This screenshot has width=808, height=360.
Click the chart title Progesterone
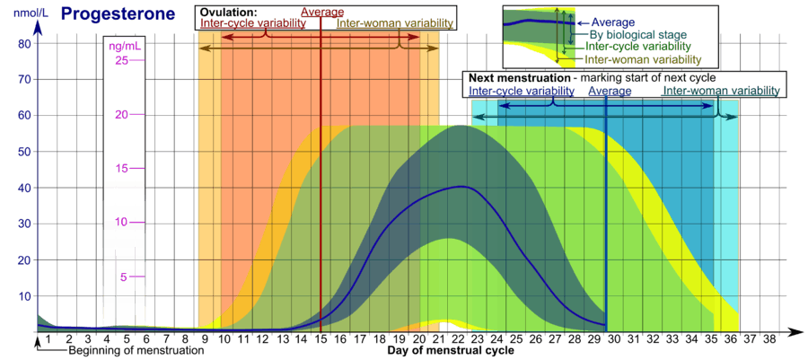tap(118, 14)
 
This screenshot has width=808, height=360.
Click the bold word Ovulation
tap(229, 13)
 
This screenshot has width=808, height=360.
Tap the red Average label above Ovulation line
tap(322, 12)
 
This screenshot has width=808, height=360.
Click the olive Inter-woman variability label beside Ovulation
tap(396, 24)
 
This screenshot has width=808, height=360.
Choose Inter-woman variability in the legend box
tap(642, 59)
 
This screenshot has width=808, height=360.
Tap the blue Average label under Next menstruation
tap(610, 91)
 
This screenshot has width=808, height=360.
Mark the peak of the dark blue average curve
tap(462, 187)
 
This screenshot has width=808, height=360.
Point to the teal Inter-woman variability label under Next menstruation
tap(722, 91)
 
